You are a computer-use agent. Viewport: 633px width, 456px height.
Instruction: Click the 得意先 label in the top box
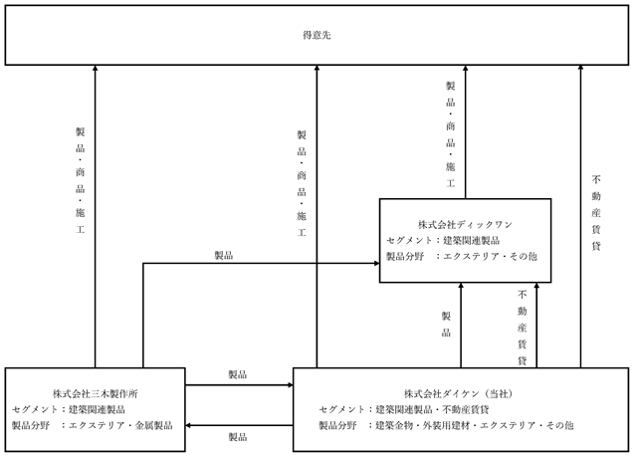point(316,35)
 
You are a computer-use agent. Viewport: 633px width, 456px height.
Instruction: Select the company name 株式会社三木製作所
point(96,393)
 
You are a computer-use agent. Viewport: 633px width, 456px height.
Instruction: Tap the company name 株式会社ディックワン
point(465,225)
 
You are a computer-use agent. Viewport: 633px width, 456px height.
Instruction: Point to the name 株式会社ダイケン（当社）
point(461,393)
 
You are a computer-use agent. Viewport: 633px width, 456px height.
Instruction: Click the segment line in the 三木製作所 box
point(69,409)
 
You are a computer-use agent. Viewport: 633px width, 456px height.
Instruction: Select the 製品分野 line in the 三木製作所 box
point(92,425)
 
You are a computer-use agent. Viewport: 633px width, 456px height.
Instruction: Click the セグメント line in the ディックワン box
point(443,241)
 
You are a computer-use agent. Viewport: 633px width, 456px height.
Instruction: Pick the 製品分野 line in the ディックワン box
point(462,257)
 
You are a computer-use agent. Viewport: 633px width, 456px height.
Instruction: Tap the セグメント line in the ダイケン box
point(404,409)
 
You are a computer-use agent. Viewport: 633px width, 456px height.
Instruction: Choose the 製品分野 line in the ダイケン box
point(446,425)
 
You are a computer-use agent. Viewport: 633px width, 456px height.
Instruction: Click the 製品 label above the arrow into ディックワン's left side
point(224,255)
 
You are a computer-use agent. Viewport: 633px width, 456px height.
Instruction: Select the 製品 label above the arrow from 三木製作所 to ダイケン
point(237,374)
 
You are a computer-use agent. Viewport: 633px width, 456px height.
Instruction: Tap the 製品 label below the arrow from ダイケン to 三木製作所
point(237,437)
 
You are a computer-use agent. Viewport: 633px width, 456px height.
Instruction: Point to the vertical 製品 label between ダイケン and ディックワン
point(446,324)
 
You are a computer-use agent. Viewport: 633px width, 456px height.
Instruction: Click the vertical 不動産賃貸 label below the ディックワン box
point(522,328)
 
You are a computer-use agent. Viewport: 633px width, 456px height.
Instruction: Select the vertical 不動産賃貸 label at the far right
point(596,212)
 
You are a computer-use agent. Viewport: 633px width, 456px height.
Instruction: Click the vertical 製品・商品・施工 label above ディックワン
point(451,134)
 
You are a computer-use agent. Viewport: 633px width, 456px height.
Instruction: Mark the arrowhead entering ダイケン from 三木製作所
point(291,385)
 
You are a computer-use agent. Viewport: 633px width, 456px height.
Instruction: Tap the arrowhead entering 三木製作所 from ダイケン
point(188,425)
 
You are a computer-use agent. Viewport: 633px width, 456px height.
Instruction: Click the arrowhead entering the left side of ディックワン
point(376,263)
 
